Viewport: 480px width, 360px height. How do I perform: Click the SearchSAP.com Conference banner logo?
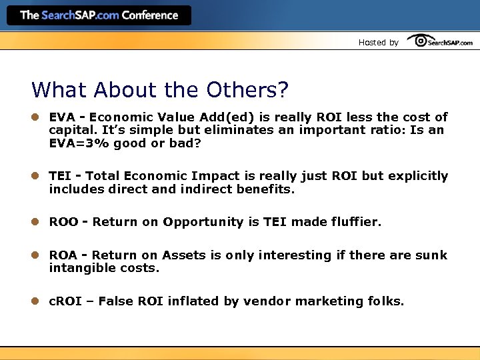click(99, 15)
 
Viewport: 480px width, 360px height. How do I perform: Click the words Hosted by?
click(378, 43)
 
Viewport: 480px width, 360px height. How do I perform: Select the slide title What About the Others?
click(160, 89)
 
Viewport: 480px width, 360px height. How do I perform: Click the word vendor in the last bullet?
click(267, 301)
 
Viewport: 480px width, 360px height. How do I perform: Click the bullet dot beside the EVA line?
click(36, 117)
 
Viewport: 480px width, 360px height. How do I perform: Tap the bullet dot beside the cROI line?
click(36, 301)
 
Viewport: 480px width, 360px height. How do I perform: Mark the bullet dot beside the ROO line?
click(36, 222)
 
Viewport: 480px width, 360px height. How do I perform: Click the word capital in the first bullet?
click(71, 130)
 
